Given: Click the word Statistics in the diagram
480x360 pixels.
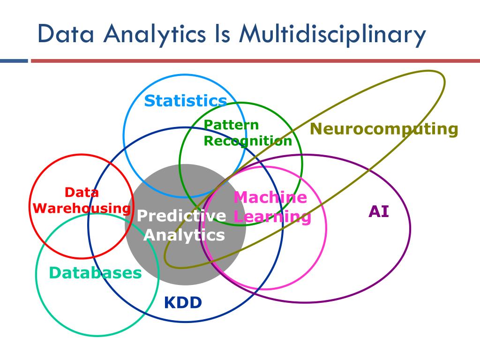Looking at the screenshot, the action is [x=186, y=101].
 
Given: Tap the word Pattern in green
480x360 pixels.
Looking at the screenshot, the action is [x=232, y=125].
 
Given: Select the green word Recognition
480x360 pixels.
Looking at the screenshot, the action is [x=248, y=141].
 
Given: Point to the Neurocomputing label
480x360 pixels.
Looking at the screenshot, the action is [x=384, y=128].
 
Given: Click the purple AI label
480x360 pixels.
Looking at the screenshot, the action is [x=379, y=212].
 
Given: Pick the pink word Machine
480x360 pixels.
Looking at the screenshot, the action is [x=270, y=197].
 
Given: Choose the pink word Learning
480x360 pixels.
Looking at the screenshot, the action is [x=272, y=217].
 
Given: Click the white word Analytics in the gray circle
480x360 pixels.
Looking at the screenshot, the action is [x=184, y=234].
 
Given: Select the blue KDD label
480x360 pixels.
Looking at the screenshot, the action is [x=183, y=303].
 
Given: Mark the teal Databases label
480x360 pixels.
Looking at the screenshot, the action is [x=95, y=273].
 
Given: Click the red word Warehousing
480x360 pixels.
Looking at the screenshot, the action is [x=83, y=208].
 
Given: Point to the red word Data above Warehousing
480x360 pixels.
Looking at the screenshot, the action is [x=82, y=192].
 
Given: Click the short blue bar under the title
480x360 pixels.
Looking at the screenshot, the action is [x=14, y=61].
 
